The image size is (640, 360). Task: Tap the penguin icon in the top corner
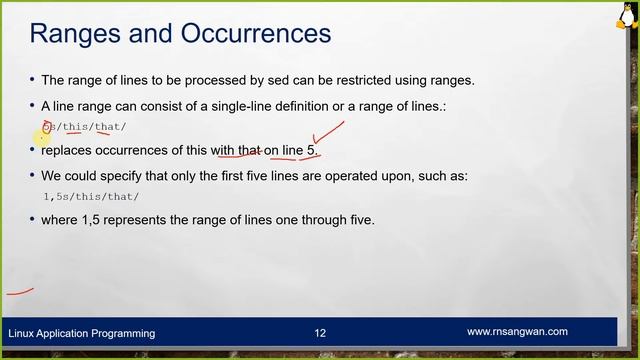pyautogui.click(x=627, y=12)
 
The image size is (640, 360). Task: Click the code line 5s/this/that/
pyautogui.click(x=85, y=127)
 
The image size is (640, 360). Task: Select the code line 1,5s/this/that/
pyautogui.click(x=91, y=197)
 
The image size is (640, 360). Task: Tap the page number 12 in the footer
pyautogui.click(x=320, y=333)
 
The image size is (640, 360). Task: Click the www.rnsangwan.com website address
pyautogui.click(x=517, y=332)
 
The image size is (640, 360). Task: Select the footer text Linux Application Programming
pyautogui.click(x=82, y=333)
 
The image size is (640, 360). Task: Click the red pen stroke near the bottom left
pyautogui.click(x=20, y=292)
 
